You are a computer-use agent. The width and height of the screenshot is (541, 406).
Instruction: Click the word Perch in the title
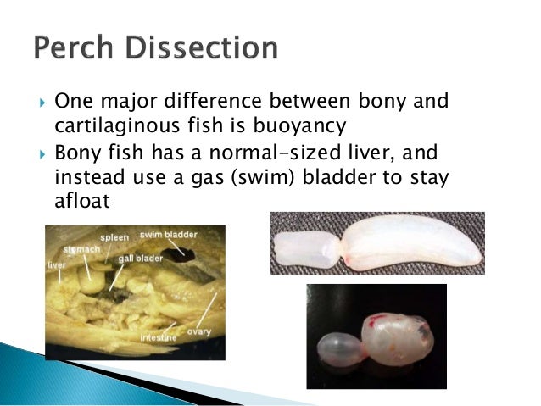[74, 47]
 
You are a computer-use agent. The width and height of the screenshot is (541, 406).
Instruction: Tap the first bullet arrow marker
[42, 103]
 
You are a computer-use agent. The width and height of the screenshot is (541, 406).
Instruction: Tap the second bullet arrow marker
[42, 154]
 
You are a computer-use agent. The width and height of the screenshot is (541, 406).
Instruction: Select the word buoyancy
[299, 125]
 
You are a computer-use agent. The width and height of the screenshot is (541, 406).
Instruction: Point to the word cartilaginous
[117, 125]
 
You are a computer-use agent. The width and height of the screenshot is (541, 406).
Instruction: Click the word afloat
[82, 200]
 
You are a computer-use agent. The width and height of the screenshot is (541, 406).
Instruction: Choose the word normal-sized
[275, 152]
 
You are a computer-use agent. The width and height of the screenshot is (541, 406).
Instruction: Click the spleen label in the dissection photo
[114, 238]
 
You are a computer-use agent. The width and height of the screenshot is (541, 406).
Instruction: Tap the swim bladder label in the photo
[169, 235]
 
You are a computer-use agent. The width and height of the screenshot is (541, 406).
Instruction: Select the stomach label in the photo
[81, 249]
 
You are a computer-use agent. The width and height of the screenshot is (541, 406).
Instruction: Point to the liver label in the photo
[57, 265]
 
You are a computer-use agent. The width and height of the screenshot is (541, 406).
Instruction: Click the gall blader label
[141, 259]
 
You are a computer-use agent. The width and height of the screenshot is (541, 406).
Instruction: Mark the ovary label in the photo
[199, 331]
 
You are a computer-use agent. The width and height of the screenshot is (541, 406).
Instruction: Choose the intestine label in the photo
[159, 337]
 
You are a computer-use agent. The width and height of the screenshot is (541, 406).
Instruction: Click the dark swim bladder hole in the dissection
[178, 255]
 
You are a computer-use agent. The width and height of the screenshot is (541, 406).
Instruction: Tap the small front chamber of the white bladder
[304, 249]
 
